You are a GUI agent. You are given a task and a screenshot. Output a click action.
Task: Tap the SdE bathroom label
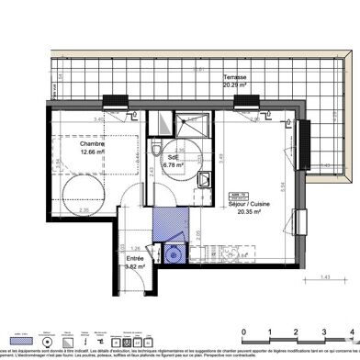(x=170, y=158)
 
